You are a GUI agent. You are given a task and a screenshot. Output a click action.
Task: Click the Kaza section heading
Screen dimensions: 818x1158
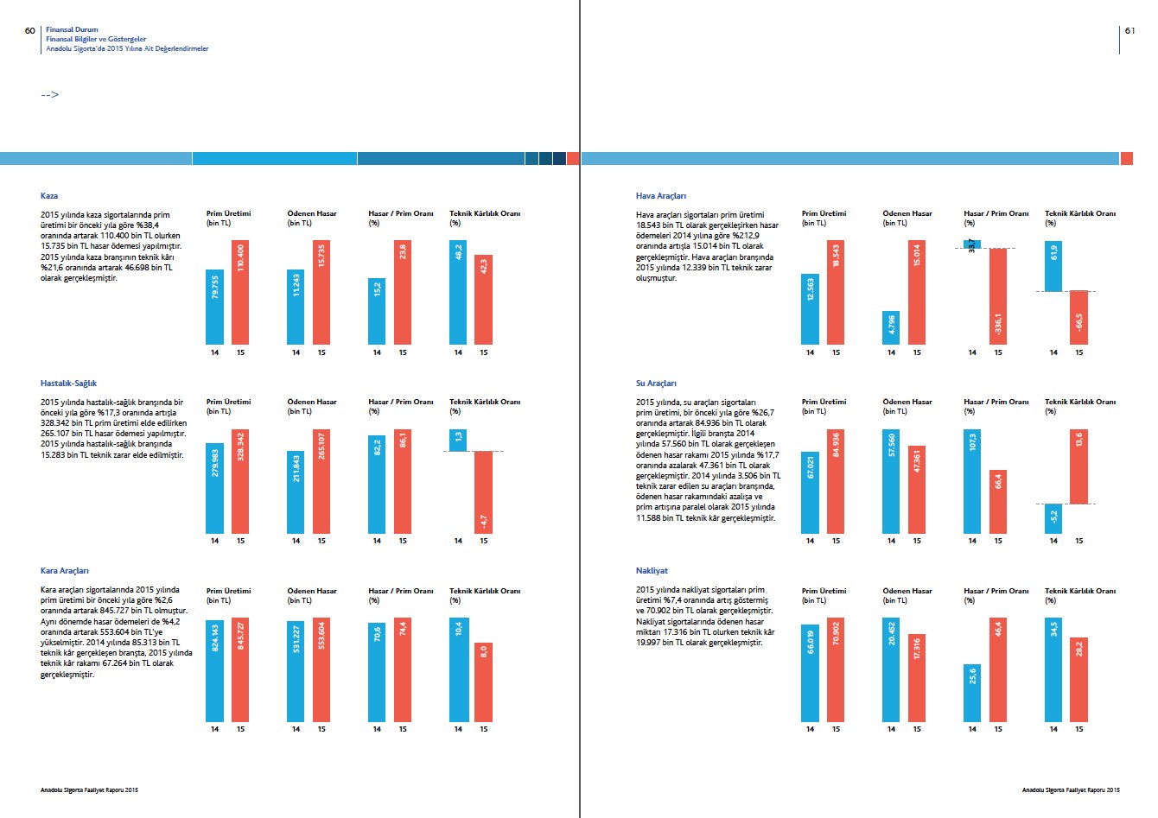click(49, 196)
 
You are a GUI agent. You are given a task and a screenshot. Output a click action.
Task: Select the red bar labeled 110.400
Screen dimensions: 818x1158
click(240, 293)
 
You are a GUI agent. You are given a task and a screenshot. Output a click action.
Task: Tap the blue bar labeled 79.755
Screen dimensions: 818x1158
click(214, 308)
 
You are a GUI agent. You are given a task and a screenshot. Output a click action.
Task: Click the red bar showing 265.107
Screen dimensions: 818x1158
click(321, 481)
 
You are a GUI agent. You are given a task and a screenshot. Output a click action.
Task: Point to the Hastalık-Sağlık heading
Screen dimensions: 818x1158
click(68, 384)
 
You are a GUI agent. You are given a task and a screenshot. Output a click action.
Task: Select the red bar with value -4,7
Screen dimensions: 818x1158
click(483, 492)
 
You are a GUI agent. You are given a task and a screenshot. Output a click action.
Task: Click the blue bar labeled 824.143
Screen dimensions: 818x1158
click(214, 670)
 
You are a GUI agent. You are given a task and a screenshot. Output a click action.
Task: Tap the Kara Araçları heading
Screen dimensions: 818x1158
click(64, 571)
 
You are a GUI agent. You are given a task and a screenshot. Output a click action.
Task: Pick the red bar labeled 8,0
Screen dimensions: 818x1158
click(483, 682)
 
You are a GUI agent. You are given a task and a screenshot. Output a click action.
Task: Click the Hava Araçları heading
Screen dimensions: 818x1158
click(661, 196)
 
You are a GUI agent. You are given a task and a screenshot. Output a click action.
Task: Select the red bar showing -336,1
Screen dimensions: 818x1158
click(998, 296)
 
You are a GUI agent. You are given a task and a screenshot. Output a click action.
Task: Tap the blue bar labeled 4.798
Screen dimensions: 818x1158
click(891, 328)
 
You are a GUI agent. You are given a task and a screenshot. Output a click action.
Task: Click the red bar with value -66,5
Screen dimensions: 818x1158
click(1079, 318)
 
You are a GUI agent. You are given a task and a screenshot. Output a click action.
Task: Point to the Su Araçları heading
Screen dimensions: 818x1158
click(656, 384)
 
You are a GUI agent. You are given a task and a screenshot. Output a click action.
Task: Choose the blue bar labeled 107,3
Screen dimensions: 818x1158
click(972, 481)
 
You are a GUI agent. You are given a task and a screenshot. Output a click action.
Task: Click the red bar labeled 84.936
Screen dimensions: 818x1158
click(836, 481)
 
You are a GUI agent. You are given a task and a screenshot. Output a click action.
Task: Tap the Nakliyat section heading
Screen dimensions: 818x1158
click(652, 571)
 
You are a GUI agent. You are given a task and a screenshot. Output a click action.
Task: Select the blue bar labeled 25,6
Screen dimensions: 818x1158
click(972, 693)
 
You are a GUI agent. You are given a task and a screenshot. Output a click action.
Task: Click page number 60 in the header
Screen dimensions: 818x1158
click(30, 30)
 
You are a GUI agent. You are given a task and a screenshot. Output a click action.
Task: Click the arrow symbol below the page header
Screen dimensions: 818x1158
click(49, 94)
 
